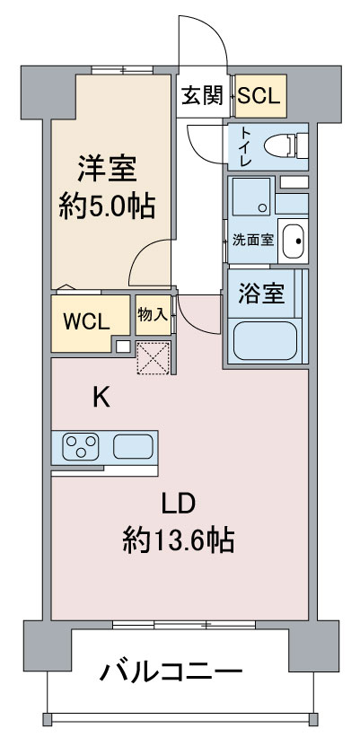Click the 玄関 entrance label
(x=202, y=97)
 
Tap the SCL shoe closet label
(x=259, y=97)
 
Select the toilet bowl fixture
(x=285, y=145)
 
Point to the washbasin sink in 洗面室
(x=293, y=241)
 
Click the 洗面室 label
(x=253, y=240)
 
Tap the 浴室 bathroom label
(x=261, y=294)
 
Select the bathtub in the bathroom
(x=265, y=340)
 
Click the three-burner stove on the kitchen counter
(x=81, y=446)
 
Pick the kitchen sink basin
(x=133, y=446)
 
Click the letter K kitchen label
(x=101, y=398)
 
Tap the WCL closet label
(x=87, y=322)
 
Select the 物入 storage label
(x=153, y=314)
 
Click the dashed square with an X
(x=154, y=358)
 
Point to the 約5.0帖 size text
(x=107, y=207)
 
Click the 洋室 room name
(x=108, y=169)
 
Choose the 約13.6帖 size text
(x=179, y=540)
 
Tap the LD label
(x=179, y=504)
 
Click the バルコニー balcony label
(x=171, y=671)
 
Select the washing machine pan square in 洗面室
(x=251, y=196)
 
